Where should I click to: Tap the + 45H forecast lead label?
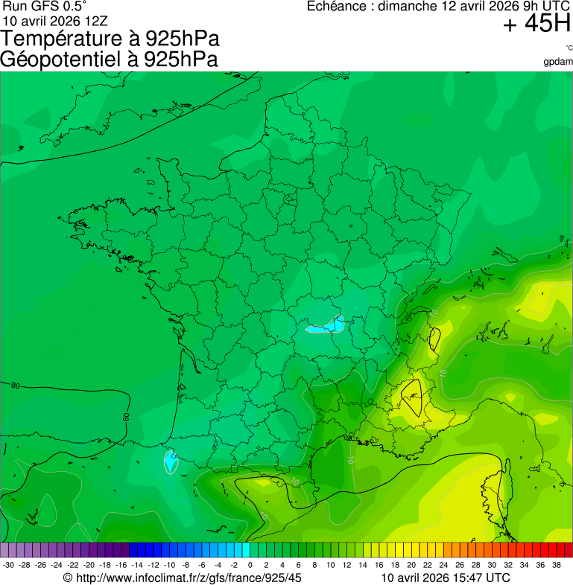click(536, 25)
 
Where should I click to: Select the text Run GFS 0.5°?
click(44, 7)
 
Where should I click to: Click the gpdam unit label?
click(558, 62)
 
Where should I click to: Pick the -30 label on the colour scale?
click(8, 565)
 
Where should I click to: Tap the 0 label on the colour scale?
click(250, 565)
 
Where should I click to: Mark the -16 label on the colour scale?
click(121, 565)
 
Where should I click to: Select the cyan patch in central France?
click(326, 325)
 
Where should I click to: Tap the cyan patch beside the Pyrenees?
click(171, 461)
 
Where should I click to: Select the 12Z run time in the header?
click(80, 20)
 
